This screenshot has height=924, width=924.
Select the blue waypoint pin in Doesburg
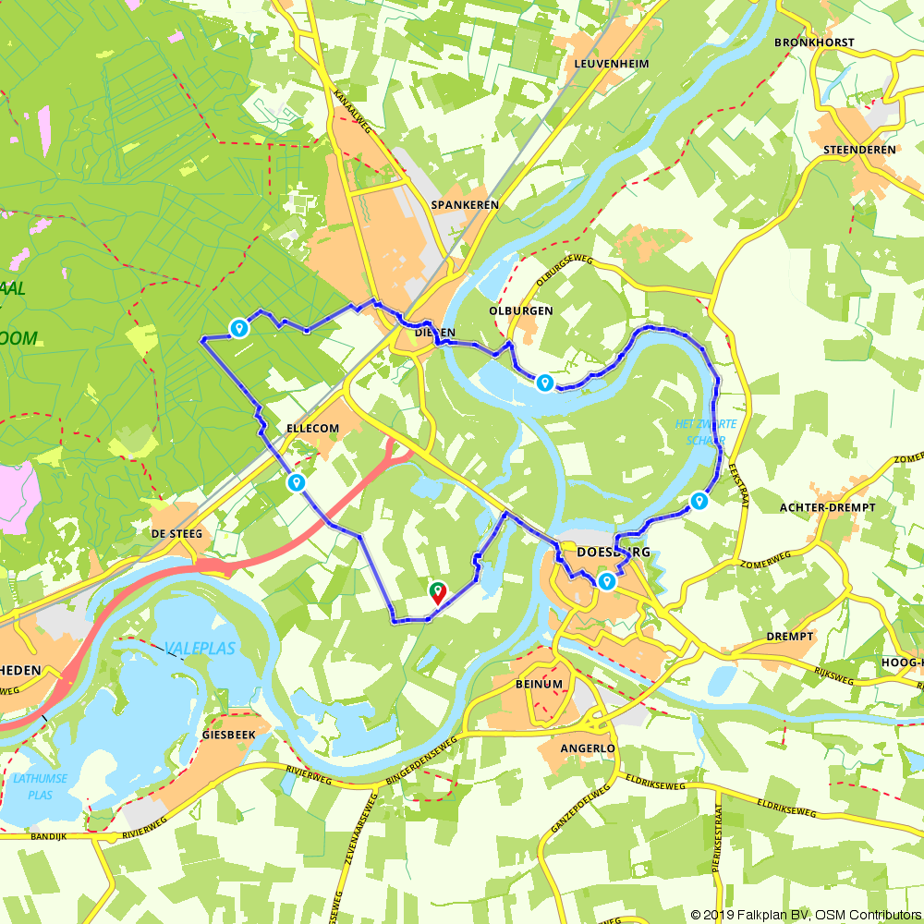point(606,581)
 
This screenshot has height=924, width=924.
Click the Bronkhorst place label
point(814,43)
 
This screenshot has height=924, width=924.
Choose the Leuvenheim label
point(611,64)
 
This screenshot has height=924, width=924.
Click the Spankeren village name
point(465,204)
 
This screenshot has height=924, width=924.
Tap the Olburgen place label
point(522,310)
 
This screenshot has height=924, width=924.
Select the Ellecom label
point(313,429)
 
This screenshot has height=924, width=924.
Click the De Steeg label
point(176,534)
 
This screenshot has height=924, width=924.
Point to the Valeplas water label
point(200,649)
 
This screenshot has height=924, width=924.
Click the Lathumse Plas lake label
point(40,784)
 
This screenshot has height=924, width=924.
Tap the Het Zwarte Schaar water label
point(706,432)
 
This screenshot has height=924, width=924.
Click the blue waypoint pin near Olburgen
point(545,383)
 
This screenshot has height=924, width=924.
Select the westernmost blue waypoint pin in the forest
point(239,327)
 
